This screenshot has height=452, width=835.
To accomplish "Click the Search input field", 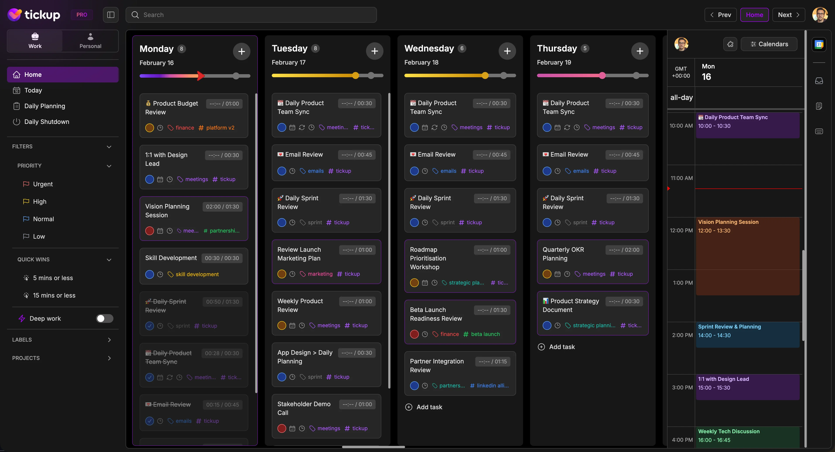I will (x=251, y=15).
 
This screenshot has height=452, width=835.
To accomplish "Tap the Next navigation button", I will (x=788, y=15).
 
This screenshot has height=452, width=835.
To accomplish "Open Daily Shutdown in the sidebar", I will (x=47, y=122).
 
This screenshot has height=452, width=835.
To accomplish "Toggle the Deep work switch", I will (x=104, y=318).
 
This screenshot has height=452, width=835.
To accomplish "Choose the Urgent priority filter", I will (x=43, y=184).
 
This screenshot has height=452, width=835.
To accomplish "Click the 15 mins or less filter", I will (x=54, y=295).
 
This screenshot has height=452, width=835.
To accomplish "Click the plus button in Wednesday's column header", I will (x=507, y=51).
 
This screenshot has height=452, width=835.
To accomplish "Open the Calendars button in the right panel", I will (x=769, y=44).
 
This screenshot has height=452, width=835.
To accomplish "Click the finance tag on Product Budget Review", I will (x=185, y=128).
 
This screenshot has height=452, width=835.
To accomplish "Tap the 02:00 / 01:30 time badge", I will (x=222, y=207).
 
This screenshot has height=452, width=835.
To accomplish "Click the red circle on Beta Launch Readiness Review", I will (x=414, y=334).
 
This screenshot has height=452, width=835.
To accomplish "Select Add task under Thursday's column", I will (x=561, y=347).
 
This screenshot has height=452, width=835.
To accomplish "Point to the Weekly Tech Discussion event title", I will (x=729, y=431).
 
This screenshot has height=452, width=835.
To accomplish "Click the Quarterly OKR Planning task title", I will (x=563, y=254).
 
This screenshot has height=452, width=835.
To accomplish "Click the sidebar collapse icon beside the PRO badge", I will (x=111, y=15).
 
